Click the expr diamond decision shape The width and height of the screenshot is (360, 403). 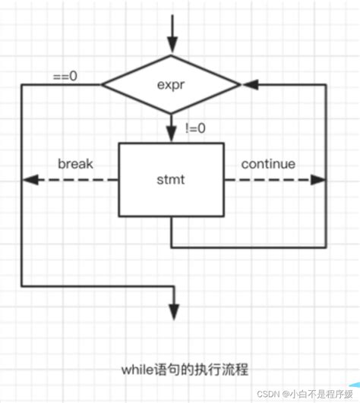(x=172, y=83)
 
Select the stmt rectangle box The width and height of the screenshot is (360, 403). (x=172, y=181)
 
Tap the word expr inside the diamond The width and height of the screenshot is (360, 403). (x=172, y=83)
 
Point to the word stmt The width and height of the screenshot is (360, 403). (x=172, y=181)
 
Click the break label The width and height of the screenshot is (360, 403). (x=75, y=164)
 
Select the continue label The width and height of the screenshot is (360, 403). (x=268, y=164)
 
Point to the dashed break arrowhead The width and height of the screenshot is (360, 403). (x=28, y=181)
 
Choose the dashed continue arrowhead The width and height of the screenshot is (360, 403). (x=318, y=181)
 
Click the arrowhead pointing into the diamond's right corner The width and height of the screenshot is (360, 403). (x=248, y=83)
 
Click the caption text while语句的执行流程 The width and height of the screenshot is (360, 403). (x=183, y=370)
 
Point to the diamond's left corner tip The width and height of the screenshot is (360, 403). (x=103, y=83)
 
